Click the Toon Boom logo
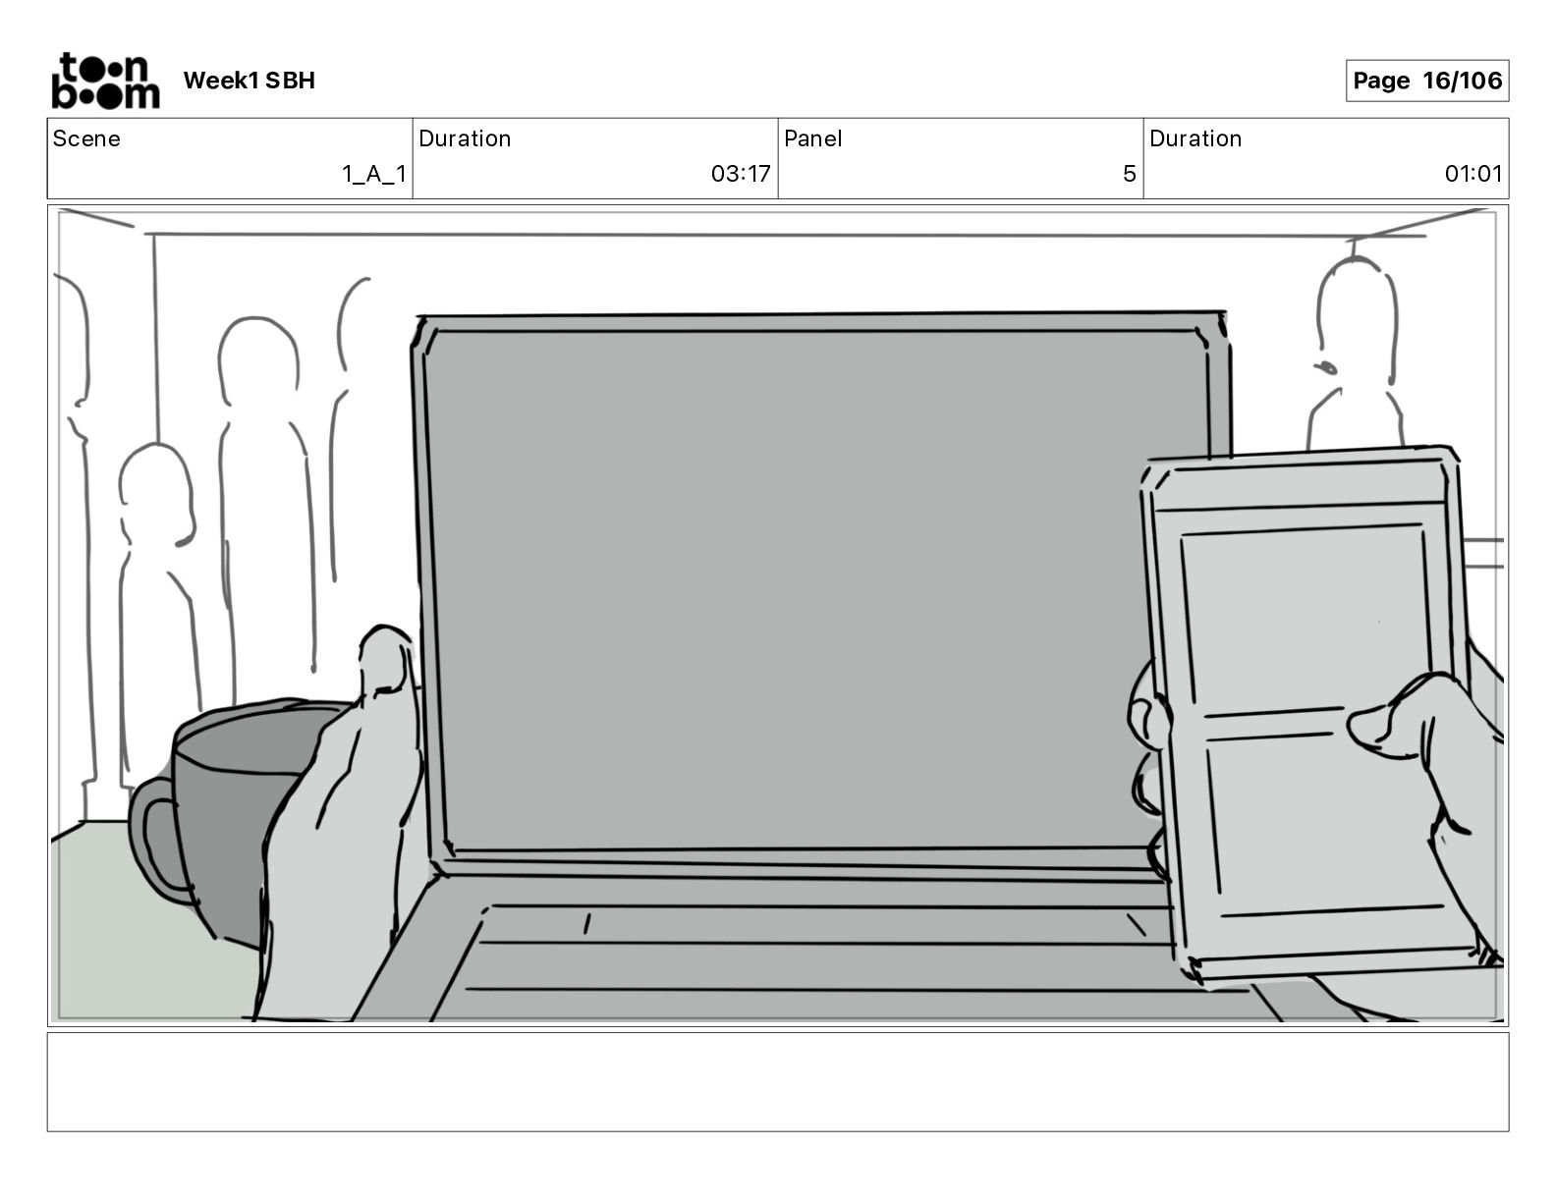coord(104,81)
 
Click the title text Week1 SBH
coord(249,81)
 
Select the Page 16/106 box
coord(1426,81)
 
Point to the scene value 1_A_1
coord(373,174)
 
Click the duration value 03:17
coord(741,174)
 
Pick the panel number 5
coord(1129,174)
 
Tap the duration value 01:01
coord(1473,174)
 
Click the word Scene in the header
coord(86,138)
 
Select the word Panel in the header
coord(812,138)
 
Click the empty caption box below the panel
coord(777,1081)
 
